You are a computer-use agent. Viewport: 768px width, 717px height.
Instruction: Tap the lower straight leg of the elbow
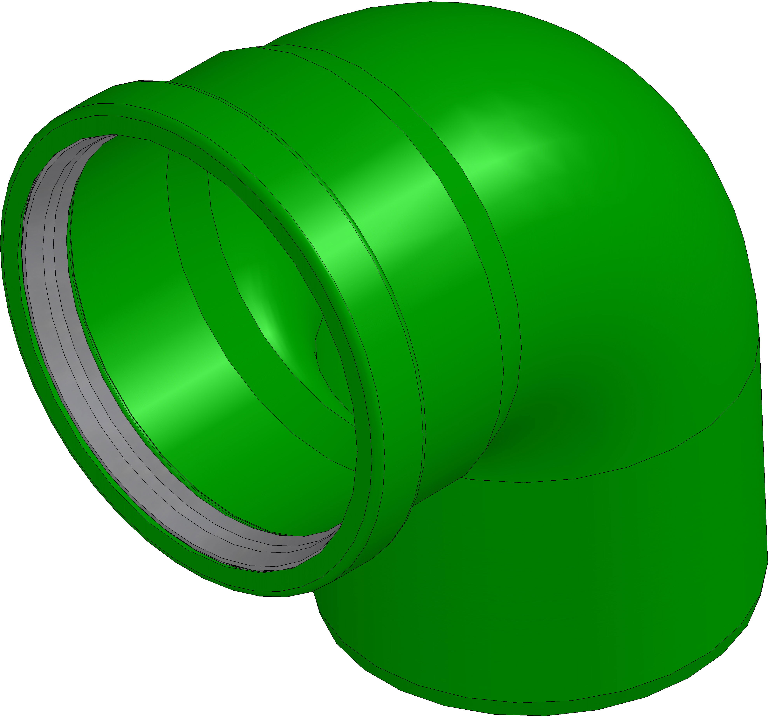[x=541, y=580]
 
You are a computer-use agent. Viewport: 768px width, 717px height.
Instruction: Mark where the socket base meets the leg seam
[x=462, y=477]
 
